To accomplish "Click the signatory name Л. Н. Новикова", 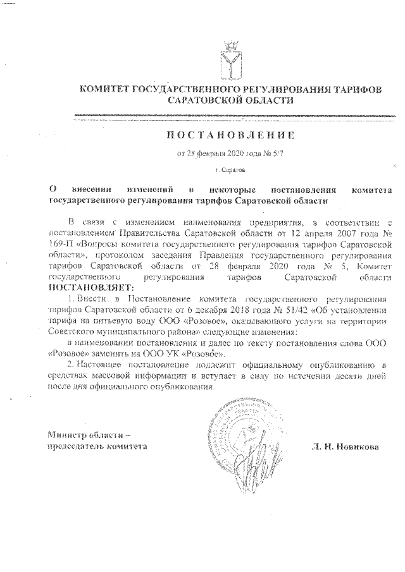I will click(345, 446).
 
